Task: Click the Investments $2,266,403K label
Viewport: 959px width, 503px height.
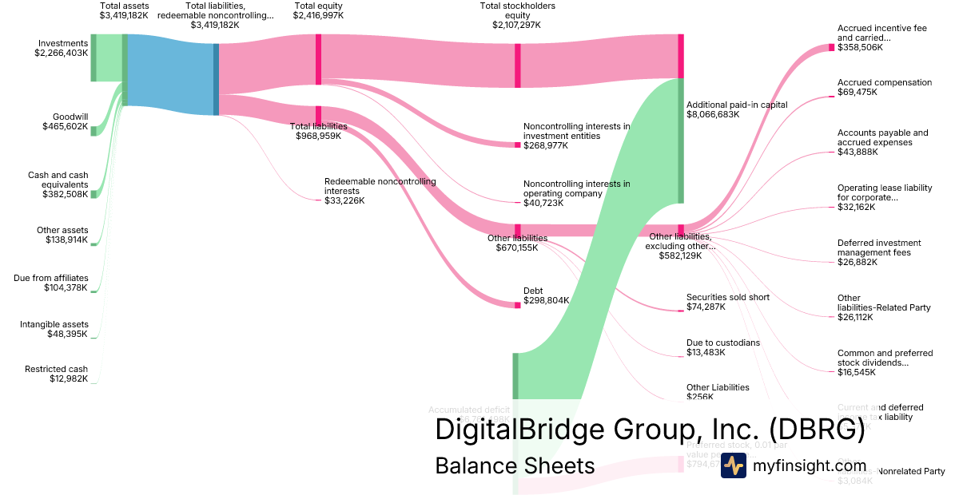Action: coord(61,48)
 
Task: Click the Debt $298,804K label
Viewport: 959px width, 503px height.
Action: coord(546,296)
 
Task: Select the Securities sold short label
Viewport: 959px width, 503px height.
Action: coord(727,302)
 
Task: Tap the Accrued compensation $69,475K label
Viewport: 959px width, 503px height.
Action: coord(884,87)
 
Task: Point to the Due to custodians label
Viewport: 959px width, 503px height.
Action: coord(722,347)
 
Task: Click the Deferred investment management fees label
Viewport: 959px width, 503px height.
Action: coord(879,252)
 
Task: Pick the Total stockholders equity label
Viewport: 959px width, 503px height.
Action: coord(517,15)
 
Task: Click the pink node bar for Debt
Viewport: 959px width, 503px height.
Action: coord(517,304)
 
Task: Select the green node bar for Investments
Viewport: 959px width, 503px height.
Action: coord(94,57)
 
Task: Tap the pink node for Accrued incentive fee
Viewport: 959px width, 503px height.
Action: coord(831,48)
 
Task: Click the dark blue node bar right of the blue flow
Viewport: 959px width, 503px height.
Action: coord(216,79)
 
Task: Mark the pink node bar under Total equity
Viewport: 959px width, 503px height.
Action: coord(318,59)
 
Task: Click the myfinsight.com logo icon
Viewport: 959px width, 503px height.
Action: coord(733,465)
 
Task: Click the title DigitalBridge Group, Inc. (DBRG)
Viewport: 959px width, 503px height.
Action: coord(650,430)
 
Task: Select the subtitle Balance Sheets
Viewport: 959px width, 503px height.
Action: coord(515,465)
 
